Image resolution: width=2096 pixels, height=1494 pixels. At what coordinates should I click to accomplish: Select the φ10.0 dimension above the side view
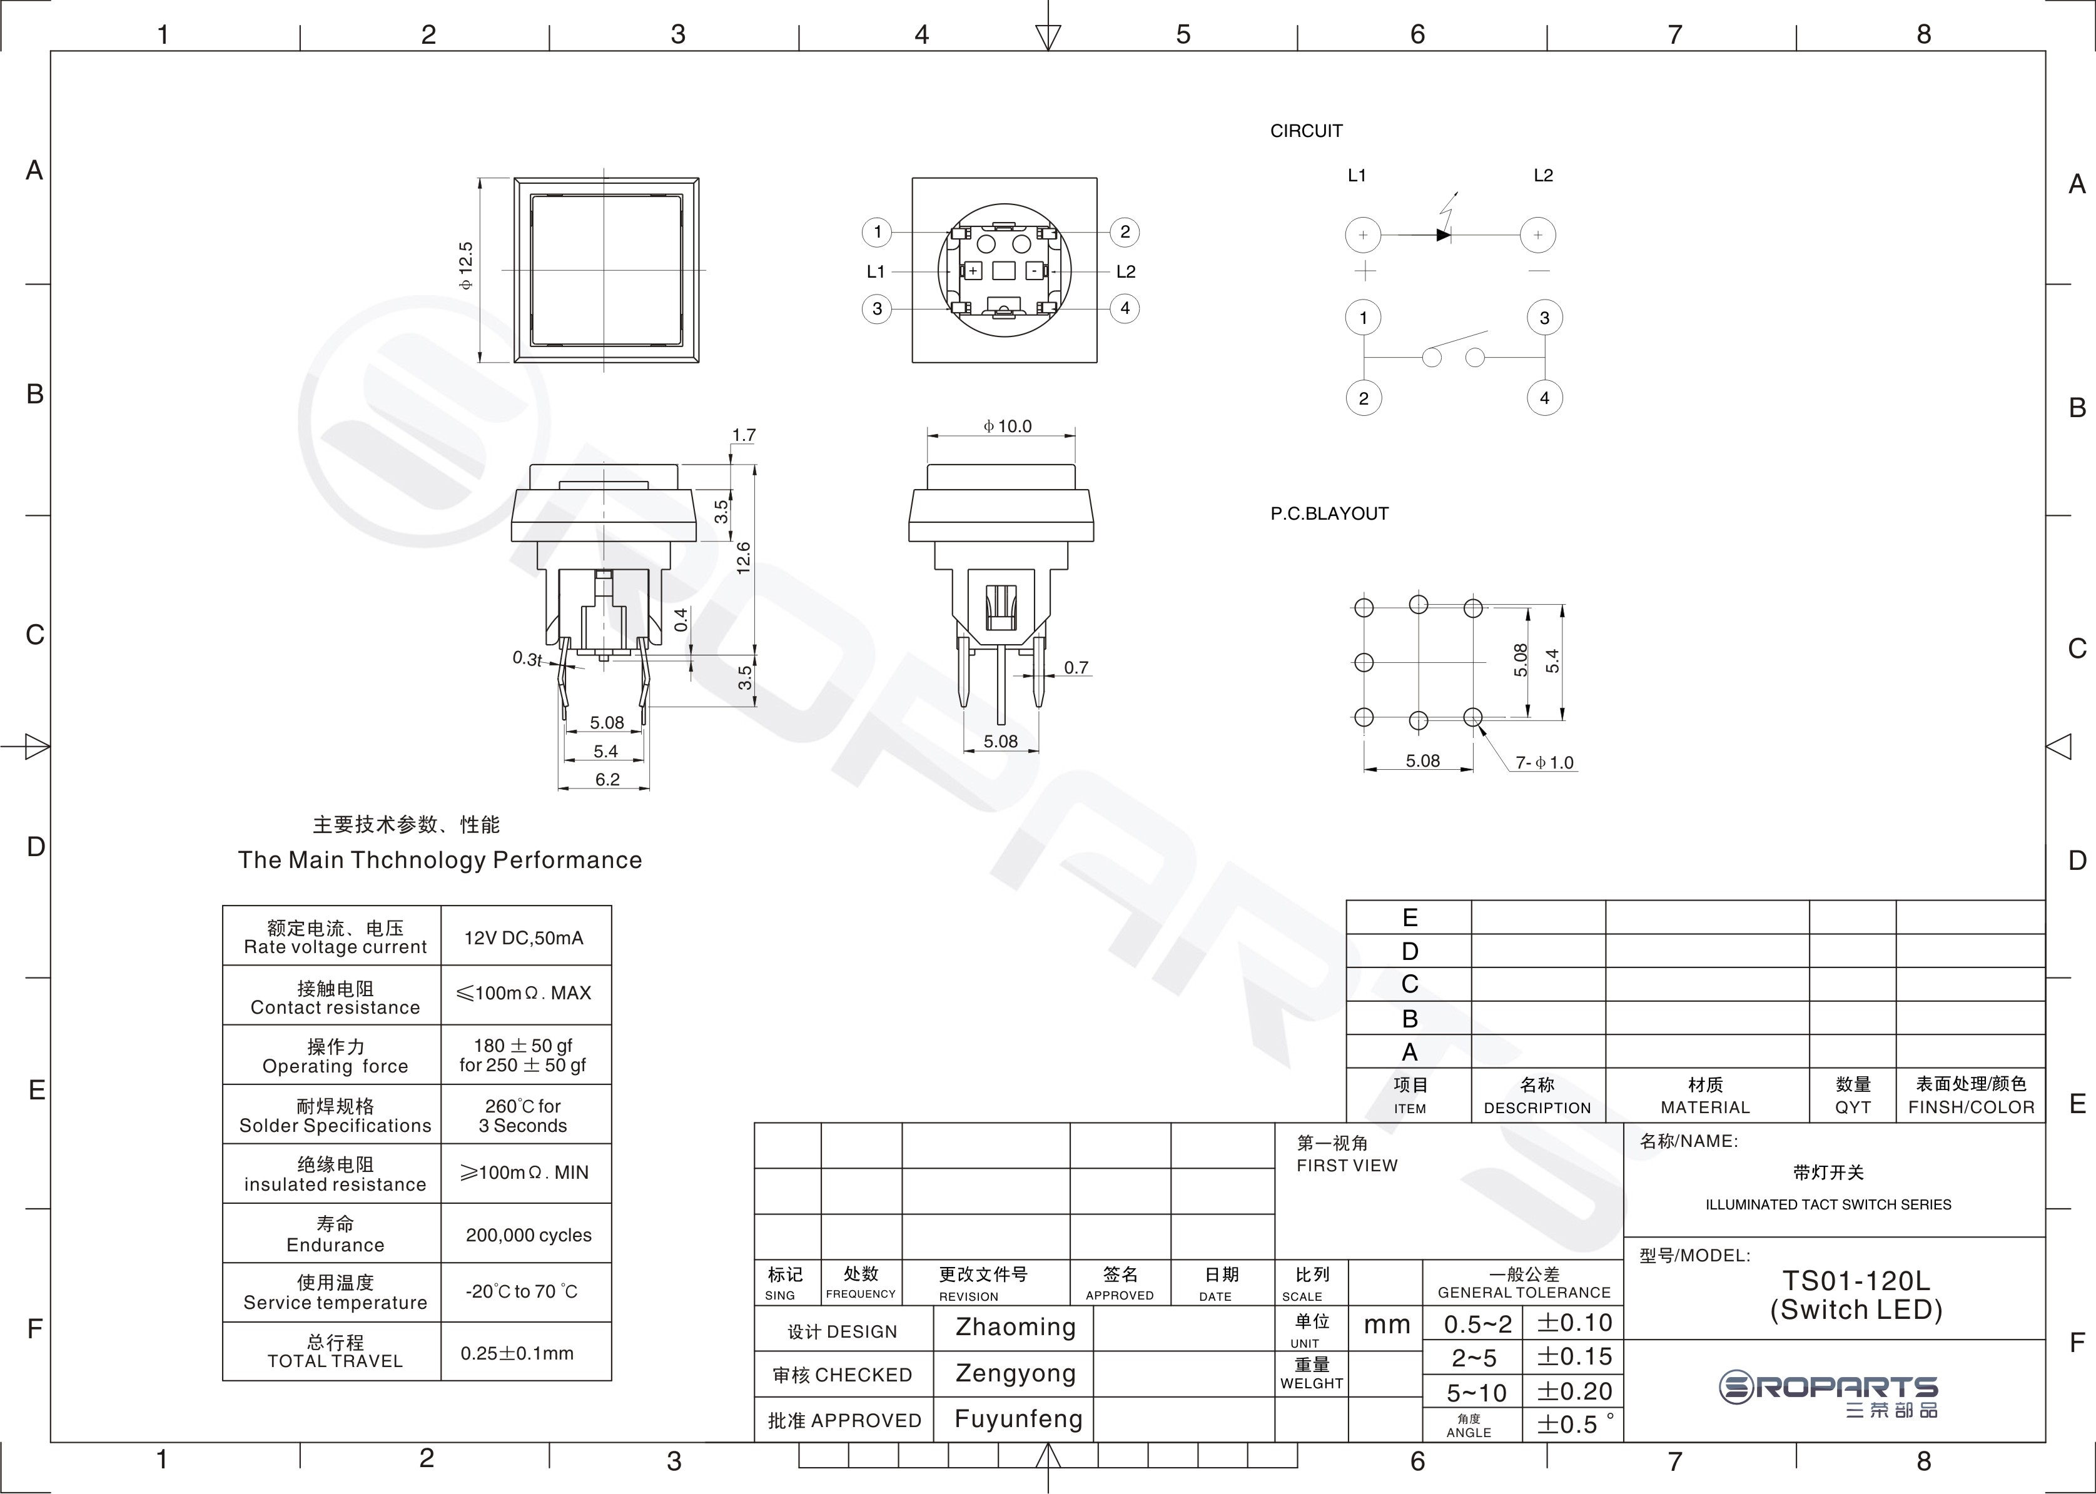[1008, 426]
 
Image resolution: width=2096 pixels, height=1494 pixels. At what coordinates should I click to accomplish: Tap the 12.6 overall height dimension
[744, 557]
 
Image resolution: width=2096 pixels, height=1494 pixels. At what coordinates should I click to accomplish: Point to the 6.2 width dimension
[607, 779]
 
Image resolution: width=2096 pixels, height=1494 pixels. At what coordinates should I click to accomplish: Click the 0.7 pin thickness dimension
[1076, 667]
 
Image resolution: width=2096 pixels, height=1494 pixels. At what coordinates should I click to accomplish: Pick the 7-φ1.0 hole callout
[1545, 763]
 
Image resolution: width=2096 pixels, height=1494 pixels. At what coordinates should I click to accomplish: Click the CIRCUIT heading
[1307, 131]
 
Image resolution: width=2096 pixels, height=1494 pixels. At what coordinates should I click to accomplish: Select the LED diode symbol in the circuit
[1444, 235]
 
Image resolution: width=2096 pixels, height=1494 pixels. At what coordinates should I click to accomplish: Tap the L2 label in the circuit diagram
[1543, 175]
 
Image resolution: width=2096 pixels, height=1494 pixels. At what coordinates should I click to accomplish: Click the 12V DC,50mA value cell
[524, 937]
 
